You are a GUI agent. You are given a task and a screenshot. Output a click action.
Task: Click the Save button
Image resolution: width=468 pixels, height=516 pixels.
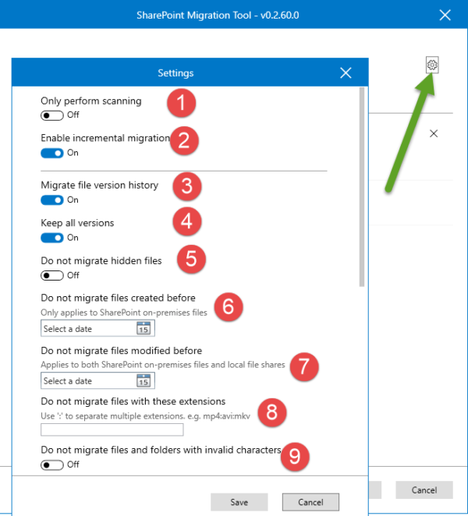[x=239, y=502]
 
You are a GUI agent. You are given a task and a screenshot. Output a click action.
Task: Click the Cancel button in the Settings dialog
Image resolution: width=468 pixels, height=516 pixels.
[x=310, y=502]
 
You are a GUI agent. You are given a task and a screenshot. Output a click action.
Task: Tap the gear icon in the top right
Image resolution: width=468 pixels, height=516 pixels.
[x=433, y=65]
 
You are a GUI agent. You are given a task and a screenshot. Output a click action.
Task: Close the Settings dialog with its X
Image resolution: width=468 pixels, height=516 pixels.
[x=346, y=73]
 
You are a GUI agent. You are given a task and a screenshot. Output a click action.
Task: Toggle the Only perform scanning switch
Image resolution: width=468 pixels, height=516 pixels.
[x=53, y=115]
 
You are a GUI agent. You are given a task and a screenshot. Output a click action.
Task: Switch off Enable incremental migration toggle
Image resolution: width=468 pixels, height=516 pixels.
[x=53, y=153]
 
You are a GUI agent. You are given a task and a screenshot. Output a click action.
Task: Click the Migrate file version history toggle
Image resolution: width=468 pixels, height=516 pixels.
[x=53, y=200]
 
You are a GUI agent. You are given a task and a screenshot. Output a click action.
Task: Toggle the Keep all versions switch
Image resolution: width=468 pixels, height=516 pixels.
[x=53, y=237]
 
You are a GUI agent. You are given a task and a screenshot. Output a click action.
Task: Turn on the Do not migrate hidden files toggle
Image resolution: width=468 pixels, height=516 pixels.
[x=53, y=275]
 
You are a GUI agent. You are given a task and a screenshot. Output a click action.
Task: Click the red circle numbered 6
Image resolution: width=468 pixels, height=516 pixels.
[x=228, y=306]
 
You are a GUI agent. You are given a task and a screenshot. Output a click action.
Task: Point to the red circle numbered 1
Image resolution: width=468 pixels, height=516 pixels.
[x=183, y=102]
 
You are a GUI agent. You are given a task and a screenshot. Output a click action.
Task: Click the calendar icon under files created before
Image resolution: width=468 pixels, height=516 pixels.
[x=144, y=329]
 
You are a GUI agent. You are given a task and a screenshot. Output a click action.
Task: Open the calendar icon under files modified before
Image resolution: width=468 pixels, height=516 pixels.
[x=144, y=381]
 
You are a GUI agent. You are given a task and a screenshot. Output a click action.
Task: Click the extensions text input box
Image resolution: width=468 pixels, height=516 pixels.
[x=112, y=429]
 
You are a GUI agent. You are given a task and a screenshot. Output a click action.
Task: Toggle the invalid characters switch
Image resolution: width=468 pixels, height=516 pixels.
[x=53, y=465]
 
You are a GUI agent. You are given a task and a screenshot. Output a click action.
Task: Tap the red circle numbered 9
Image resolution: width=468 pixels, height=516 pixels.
[x=293, y=457]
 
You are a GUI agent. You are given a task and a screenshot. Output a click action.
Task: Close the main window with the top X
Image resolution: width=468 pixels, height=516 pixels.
[x=445, y=14]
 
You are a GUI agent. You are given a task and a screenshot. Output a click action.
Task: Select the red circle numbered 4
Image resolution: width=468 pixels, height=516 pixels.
[x=186, y=222]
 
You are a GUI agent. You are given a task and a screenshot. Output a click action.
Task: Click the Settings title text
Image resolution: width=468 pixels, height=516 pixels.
[x=175, y=73]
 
